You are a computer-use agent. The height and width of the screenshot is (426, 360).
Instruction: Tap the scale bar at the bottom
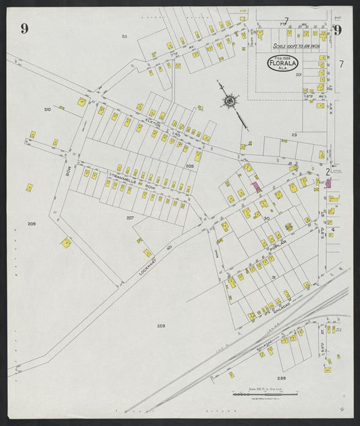[x=253, y=394]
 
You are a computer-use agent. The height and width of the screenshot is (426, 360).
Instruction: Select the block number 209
[x=31, y=223]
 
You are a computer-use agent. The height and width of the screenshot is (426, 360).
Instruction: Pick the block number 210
[x=47, y=109]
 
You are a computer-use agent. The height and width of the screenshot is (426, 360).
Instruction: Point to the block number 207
[x=130, y=217]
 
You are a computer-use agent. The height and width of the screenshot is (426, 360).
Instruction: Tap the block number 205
[x=190, y=165]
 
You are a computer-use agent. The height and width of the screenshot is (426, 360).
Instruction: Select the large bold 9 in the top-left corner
[x=24, y=28]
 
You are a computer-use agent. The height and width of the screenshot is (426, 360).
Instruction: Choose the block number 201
[x=298, y=76]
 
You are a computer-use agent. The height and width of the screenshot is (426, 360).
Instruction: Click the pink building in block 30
[x=257, y=186]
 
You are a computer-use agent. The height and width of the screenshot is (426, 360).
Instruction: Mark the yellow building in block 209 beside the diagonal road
[x=66, y=243]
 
